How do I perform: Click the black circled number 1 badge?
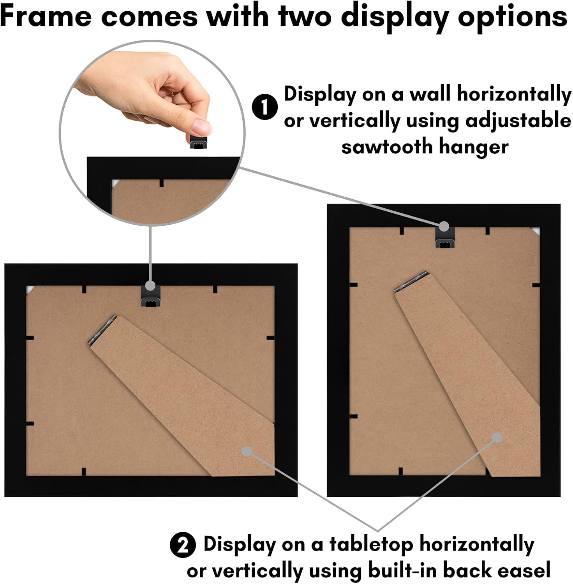pos(264,107)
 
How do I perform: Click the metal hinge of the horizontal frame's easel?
pos(103,330)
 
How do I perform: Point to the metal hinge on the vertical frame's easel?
pos(411,281)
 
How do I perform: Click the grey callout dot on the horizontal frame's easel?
pos(247,451)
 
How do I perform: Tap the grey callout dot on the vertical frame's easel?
pos(497,438)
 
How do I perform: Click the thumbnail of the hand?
pos(201,126)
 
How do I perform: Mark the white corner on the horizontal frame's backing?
pos(30,290)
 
